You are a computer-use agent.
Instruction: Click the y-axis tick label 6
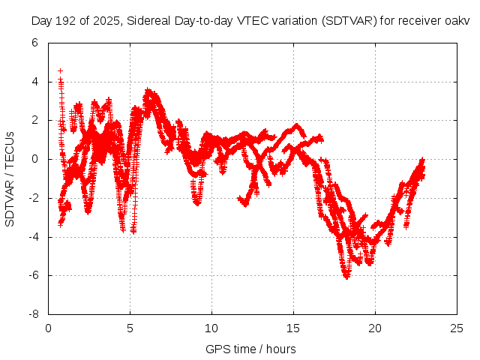pos(35,43)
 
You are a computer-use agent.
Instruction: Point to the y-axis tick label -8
pos(33,315)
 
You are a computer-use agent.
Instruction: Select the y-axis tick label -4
pos(33,237)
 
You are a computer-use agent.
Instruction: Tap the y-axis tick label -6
pos(33,276)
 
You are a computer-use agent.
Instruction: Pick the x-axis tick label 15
pos(293,328)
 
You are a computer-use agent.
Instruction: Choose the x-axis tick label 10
pos(211,328)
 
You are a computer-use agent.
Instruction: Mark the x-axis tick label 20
pos(375,328)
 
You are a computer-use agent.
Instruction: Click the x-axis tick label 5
pos(130,328)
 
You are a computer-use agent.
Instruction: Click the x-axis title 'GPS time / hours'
pos(250,349)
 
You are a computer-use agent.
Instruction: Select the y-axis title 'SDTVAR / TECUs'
pos(10,179)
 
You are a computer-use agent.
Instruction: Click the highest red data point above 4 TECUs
pos(60,70)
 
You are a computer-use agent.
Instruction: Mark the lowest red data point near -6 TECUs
pos(346,277)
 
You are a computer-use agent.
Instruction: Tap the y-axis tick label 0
pos(35,159)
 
